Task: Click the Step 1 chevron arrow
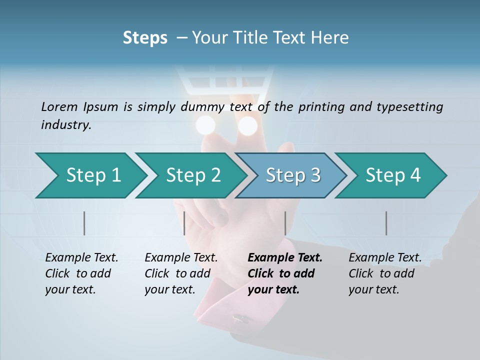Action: click(x=92, y=175)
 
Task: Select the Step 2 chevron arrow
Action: click(x=192, y=175)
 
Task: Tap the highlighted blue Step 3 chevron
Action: click(x=292, y=175)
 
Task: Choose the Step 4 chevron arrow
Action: click(x=392, y=175)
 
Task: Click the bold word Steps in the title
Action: click(x=145, y=38)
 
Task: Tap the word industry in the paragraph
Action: click(x=66, y=124)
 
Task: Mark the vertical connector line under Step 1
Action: click(x=84, y=223)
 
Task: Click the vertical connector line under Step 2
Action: click(x=184, y=223)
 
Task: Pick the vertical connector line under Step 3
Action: click(x=285, y=223)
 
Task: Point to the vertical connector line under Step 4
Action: click(x=386, y=223)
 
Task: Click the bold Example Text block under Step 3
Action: click(x=284, y=273)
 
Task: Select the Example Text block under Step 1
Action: click(x=81, y=273)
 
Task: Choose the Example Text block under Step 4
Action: click(x=385, y=273)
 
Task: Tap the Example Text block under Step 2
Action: click(x=181, y=273)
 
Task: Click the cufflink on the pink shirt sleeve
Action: click(x=241, y=317)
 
